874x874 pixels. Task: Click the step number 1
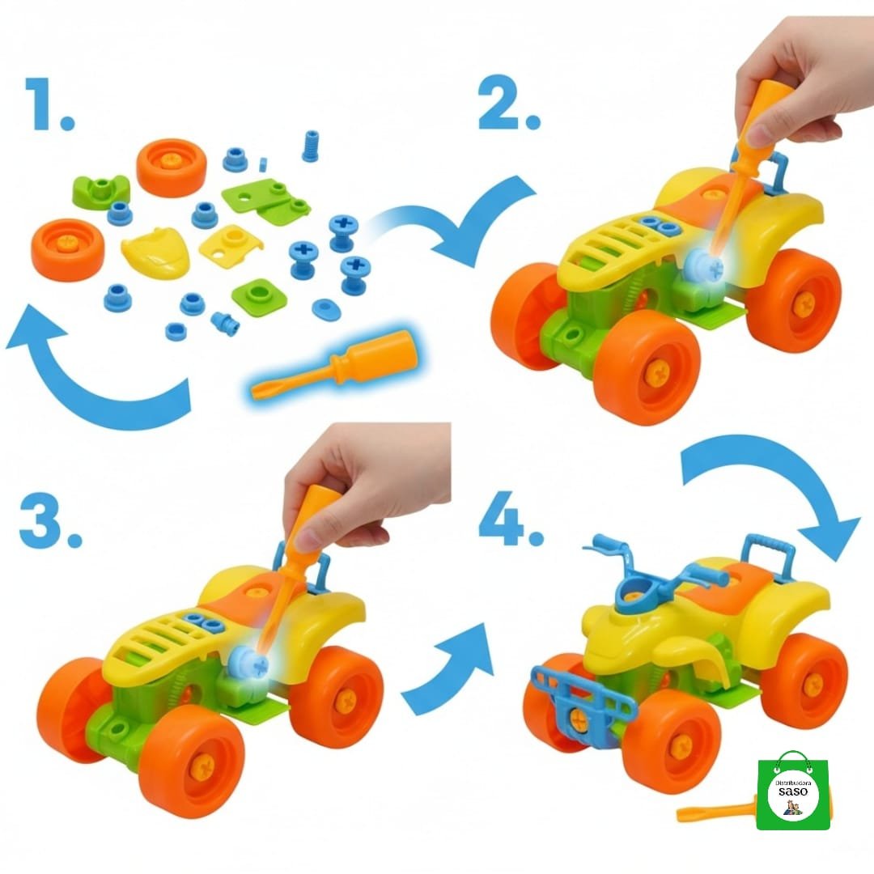(x=50, y=104)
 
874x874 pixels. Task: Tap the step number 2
(x=508, y=103)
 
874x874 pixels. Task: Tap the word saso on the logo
(x=793, y=791)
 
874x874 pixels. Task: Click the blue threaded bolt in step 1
(x=311, y=146)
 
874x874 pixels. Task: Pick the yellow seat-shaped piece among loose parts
(x=155, y=250)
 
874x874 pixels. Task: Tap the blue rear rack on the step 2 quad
(x=776, y=168)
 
